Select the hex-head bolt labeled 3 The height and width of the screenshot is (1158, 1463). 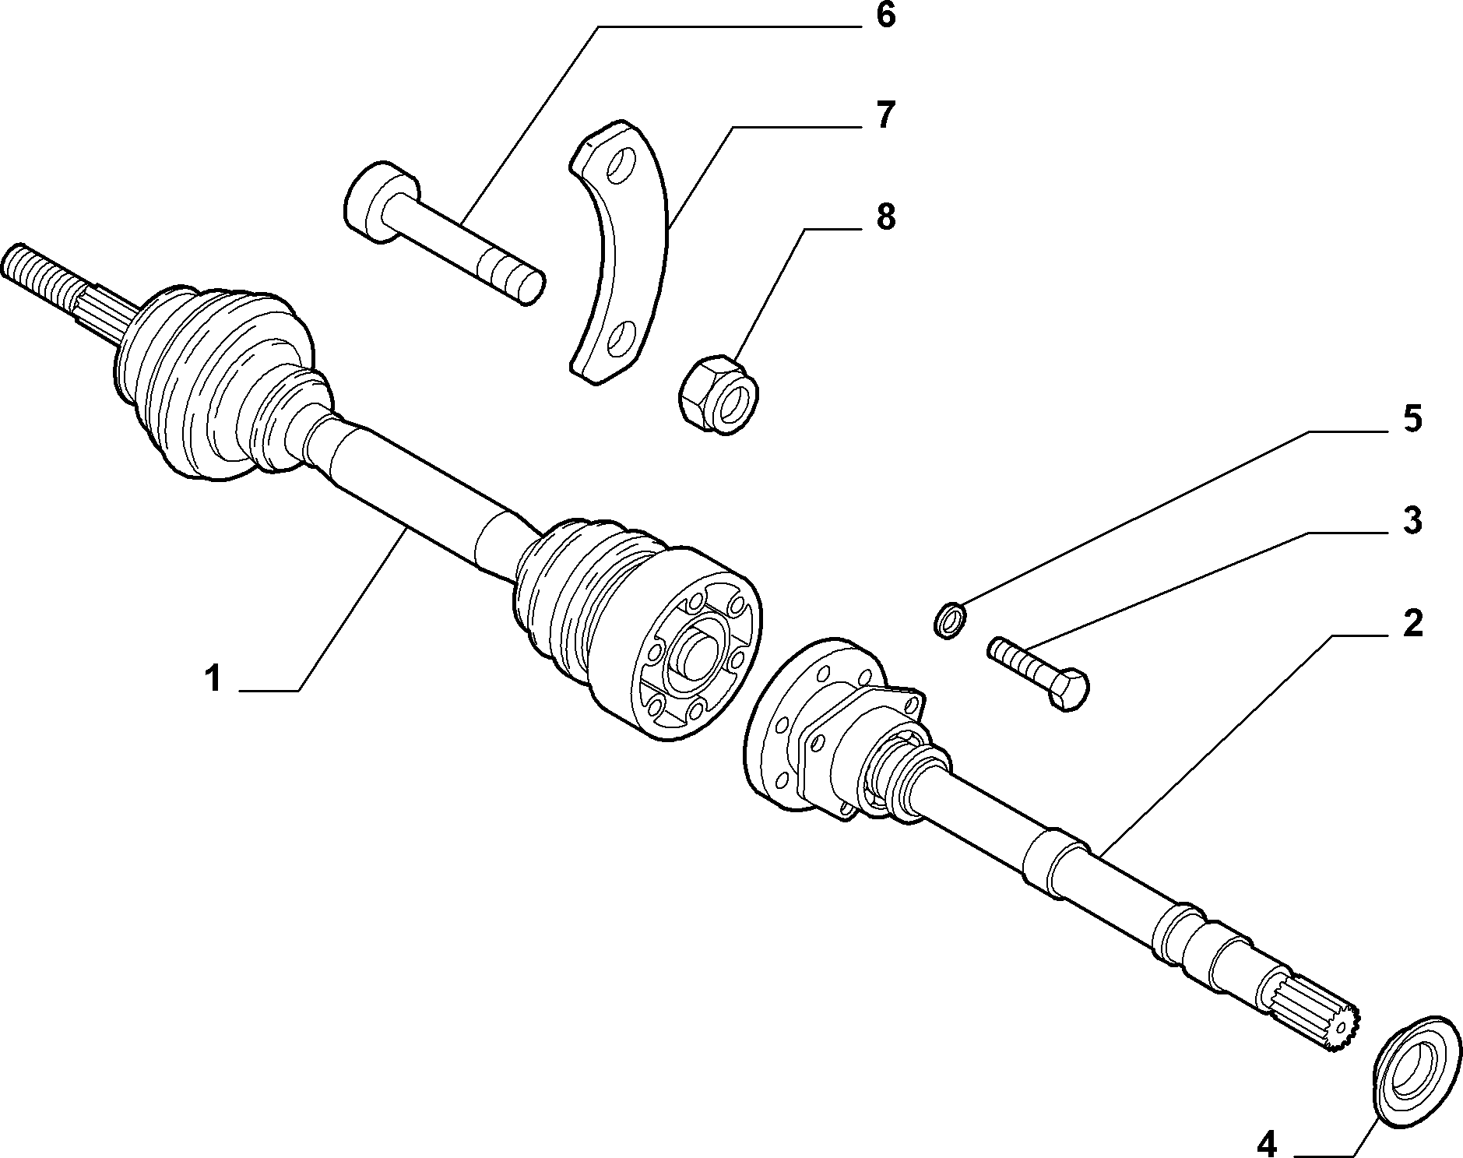pyautogui.click(x=1039, y=672)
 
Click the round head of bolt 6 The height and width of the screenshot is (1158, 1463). pyautogui.click(x=372, y=202)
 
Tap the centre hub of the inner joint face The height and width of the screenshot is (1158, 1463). pyautogui.click(x=694, y=653)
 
